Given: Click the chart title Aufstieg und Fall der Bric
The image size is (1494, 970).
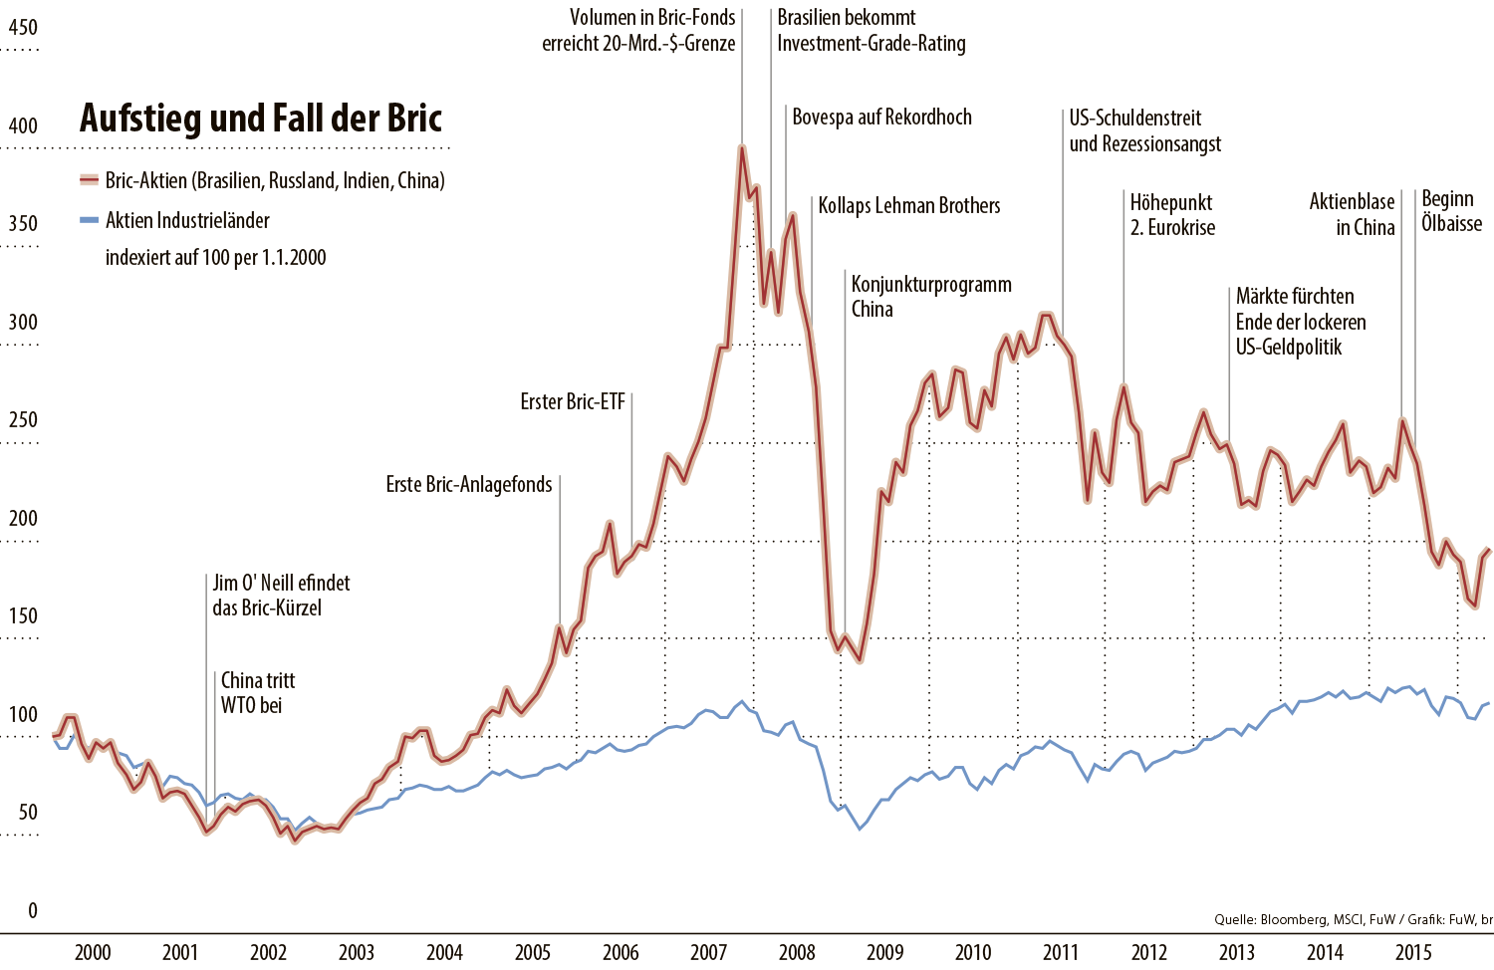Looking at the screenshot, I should pos(261,119).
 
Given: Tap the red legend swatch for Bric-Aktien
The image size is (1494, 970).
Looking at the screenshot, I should pos(90,180).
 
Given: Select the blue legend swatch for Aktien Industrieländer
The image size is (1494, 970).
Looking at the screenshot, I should pos(90,220).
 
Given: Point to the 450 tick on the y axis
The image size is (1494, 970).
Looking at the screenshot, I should pos(23,28).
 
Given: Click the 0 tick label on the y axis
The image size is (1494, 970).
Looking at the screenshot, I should pos(33,910).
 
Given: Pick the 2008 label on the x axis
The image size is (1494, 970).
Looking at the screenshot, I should pos(797,952).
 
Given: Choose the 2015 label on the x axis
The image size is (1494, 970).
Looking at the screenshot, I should pos(1413,952).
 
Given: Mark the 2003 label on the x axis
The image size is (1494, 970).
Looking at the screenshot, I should pos(357,952).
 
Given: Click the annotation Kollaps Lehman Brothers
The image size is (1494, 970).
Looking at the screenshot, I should pos(908,206).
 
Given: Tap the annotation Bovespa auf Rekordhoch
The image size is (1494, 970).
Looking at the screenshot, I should pos(881,118).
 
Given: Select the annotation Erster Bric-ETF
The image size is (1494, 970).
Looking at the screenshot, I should pos(573,402).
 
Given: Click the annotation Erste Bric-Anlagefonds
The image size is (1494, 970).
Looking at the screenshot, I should pos(469,485).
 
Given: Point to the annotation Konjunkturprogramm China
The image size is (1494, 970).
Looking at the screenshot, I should pos(930,297).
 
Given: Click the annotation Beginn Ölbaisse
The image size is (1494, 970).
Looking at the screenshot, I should pos(1451,211).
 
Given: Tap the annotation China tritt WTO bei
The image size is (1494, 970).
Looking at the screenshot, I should pos(258,693).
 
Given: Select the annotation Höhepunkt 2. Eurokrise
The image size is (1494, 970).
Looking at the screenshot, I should pos(1172,215).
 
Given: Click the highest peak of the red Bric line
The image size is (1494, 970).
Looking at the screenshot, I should pos(742,148).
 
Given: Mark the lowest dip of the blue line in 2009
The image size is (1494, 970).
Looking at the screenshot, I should pos(860,829).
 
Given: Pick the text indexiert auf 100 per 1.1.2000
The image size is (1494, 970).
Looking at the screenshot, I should pos(216,258).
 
